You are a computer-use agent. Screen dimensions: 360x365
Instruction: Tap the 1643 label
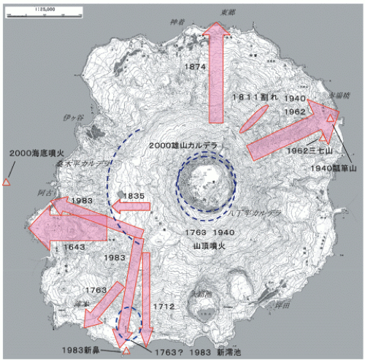(75, 247)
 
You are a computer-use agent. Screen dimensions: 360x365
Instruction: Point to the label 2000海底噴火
(36, 153)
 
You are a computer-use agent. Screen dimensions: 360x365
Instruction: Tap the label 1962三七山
(310, 150)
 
